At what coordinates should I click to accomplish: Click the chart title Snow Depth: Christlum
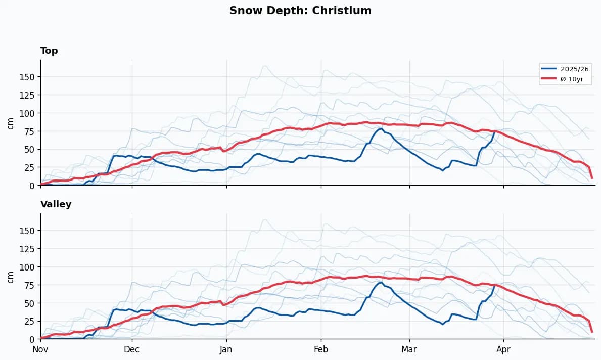click(300, 11)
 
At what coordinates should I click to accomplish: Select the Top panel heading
click(49, 51)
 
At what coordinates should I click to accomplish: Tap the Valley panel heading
click(56, 204)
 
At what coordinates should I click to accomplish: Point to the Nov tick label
click(40, 349)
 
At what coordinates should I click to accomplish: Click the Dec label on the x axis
click(132, 349)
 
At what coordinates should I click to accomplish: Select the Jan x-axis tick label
click(226, 349)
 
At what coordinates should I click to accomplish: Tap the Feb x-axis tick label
click(321, 349)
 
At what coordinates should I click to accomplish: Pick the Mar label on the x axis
click(409, 349)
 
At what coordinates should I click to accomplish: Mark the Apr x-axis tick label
click(503, 349)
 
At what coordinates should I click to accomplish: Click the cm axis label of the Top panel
click(11, 122)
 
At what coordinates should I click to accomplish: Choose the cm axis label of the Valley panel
click(11, 276)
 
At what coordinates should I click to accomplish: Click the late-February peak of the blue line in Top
click(381, 128)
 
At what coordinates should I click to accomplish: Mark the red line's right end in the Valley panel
click(592, 332)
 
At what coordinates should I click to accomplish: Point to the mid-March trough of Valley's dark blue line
click(443, 324)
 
